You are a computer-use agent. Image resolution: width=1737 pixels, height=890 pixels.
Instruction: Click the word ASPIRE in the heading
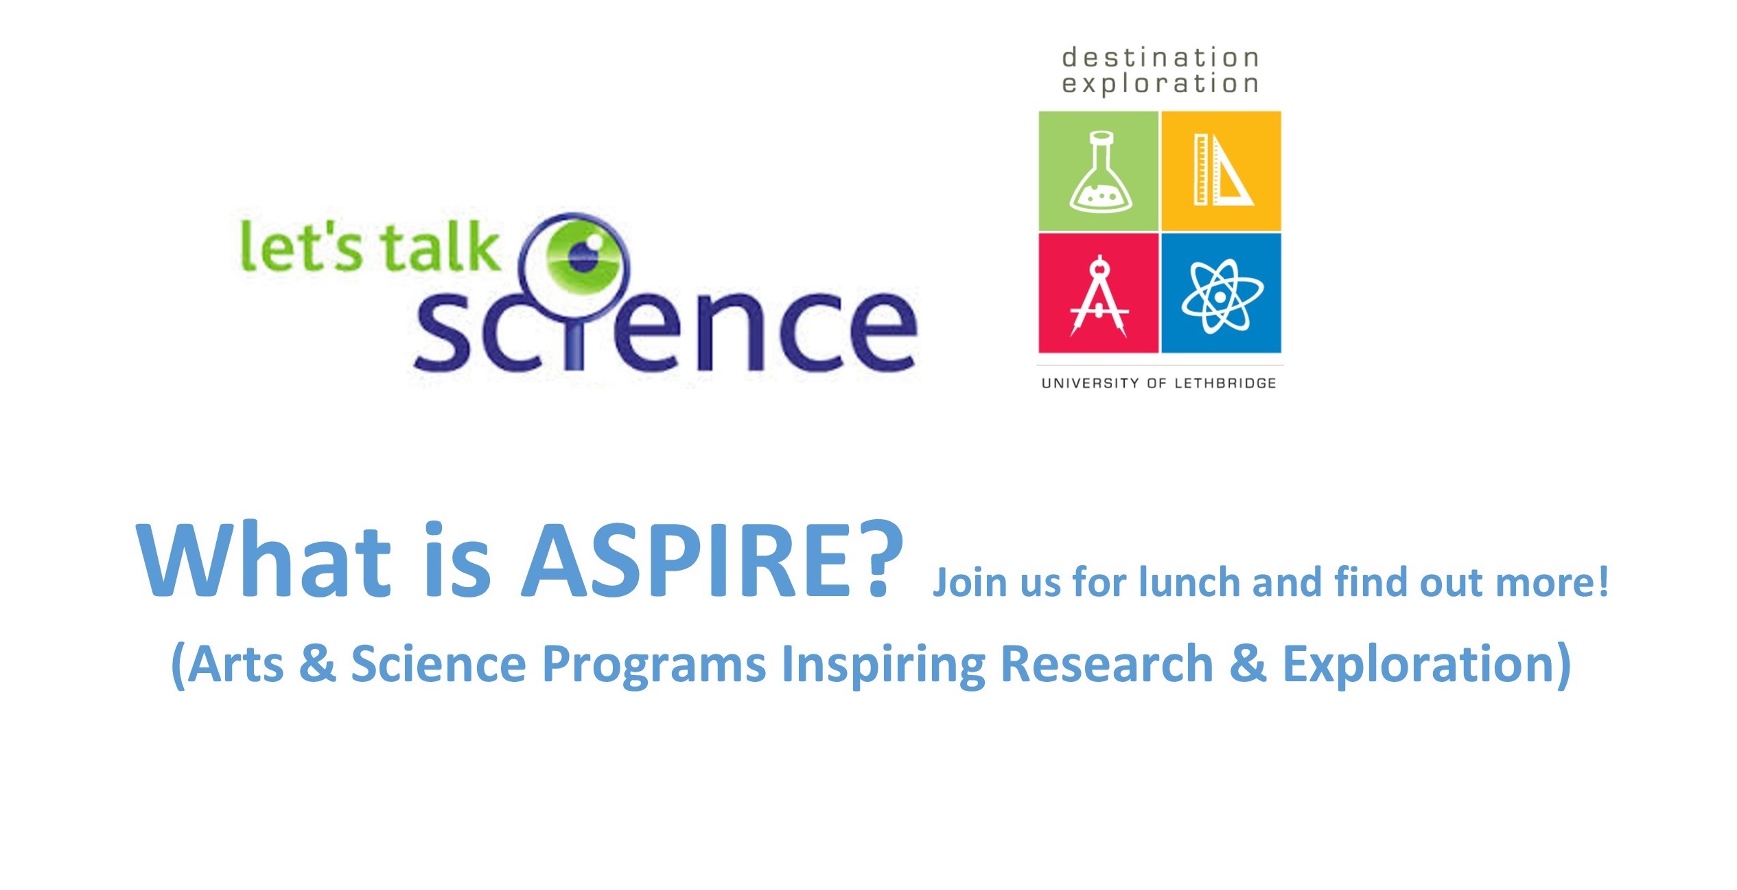(686, 560)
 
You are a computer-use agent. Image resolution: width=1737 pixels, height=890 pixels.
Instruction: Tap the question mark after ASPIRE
(881, 558)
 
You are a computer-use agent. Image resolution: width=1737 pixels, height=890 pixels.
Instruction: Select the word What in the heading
(264, 560)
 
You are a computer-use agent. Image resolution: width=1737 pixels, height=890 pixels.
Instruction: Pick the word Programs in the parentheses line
(654, 665)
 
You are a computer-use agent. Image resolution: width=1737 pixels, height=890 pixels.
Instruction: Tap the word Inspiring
(883, 665)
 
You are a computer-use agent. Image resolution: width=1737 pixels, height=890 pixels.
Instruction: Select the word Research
(1107, 663)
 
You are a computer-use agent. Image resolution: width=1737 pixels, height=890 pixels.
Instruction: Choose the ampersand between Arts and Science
(318, 663)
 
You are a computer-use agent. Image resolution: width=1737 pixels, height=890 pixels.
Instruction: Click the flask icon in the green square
(1100, 172)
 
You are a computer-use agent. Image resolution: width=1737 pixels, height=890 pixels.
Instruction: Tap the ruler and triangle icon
(1223, 170)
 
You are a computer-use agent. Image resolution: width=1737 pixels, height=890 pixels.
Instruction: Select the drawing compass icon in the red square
(1099, 296)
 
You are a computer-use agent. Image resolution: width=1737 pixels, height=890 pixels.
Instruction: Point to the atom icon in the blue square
(1222, 296)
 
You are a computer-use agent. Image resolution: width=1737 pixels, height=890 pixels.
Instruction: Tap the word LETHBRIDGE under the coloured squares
(1225, 383)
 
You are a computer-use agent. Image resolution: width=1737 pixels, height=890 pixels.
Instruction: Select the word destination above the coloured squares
(1160, 58)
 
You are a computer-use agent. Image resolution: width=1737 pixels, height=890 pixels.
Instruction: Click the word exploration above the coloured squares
(1160, 84)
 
